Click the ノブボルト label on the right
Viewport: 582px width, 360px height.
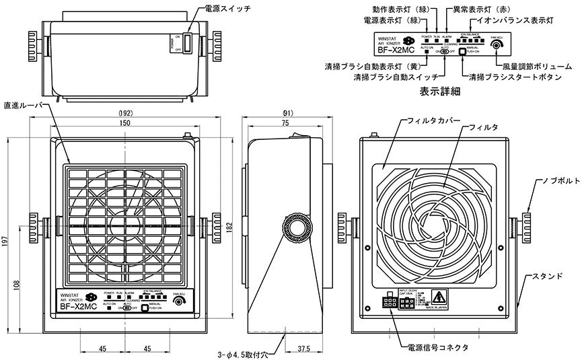[557, 182]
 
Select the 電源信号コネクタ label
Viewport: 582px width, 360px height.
[438, 347]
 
